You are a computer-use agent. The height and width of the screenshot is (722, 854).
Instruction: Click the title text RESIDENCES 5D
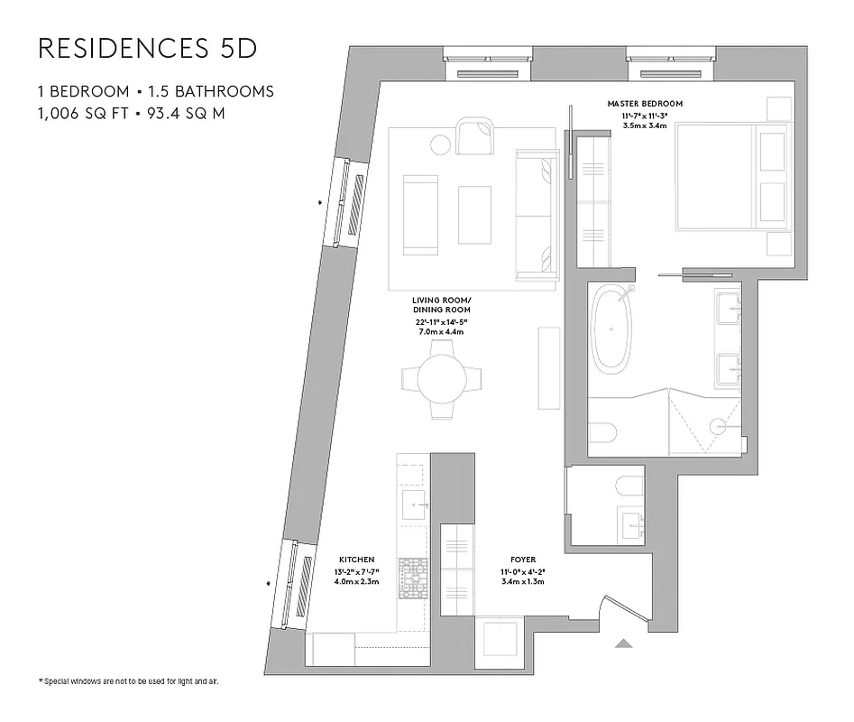coord(148,49)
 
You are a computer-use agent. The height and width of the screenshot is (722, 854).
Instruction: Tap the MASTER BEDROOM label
coord(645,104)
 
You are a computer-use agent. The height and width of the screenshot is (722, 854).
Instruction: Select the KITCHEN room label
coord(356,560)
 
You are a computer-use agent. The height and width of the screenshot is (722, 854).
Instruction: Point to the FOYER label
coord(523,560)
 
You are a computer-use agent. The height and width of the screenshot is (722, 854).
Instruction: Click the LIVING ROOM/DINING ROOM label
coord(442,304)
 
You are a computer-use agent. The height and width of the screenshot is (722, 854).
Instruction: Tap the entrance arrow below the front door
coord(623,643)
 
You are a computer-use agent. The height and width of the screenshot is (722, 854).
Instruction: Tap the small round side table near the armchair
coord(441,143)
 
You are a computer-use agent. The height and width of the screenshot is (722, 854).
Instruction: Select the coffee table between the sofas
coord(474,215)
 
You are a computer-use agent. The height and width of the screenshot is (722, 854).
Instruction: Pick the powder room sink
coord(629,523)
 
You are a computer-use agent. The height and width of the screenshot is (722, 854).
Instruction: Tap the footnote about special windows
coord(128,680)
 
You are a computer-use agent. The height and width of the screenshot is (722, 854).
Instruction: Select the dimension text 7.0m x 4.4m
coord(442,331)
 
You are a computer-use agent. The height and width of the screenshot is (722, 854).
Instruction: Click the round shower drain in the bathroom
coord(719,425)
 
